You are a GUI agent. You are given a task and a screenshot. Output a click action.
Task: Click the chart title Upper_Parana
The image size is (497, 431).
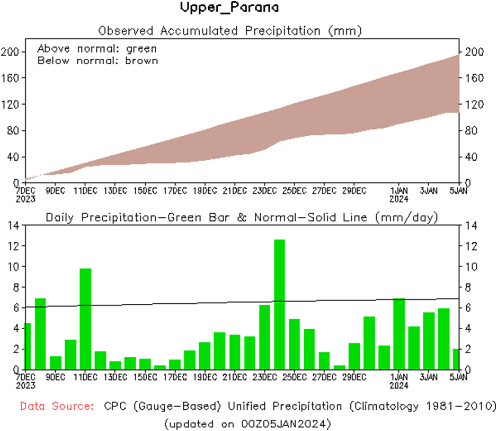[229, 8]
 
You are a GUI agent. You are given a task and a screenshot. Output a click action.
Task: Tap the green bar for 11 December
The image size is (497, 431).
[85, 319]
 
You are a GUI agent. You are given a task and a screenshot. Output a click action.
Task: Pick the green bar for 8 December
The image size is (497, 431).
[41, 334]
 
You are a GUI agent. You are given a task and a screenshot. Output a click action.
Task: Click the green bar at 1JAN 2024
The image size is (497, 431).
[399, 334]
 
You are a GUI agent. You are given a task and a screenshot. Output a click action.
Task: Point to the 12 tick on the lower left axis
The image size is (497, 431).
[14, 246]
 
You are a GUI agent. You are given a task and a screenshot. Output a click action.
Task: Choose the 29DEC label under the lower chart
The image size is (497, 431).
[354, 377]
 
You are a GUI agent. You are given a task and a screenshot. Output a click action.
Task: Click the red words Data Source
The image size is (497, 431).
[57, 407]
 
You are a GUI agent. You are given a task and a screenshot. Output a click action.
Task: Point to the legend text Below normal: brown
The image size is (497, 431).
[97, 60]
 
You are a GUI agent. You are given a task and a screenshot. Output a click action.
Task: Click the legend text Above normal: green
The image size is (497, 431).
[97, 49]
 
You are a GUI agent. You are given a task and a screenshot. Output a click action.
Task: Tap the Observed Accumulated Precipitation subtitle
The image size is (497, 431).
[230, 30]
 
